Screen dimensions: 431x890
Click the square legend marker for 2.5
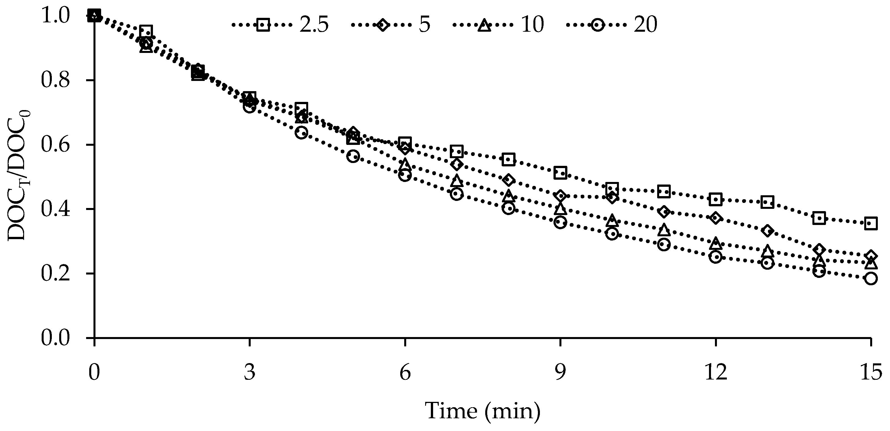click(263, 25)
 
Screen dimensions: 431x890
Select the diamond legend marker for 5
click(382, 25)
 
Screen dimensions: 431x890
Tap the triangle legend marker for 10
click(484, 25)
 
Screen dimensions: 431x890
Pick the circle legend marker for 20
click(597, 25)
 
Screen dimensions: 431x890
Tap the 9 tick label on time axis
click(560, 373)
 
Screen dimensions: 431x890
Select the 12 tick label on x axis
click(716, 373)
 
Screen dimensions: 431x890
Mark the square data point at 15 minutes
click(871, 223)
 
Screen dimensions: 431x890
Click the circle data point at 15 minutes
click(871, 278)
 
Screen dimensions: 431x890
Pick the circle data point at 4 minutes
click(301, 132)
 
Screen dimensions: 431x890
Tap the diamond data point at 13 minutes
click(767, 231)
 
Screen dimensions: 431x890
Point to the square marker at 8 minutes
click(508, 159)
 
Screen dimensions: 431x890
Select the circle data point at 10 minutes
click(612, 234)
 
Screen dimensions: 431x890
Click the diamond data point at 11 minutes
click(664, 211)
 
